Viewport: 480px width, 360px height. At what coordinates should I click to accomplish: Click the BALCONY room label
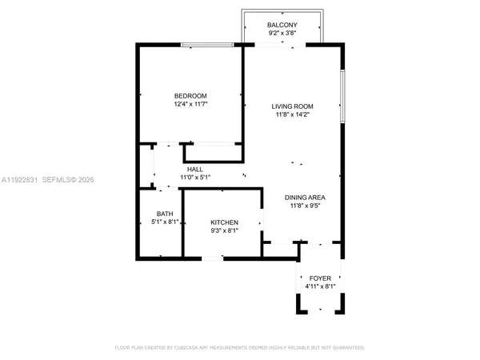pos(282,26)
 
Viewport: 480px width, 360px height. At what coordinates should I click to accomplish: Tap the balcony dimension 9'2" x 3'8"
pos(282,34)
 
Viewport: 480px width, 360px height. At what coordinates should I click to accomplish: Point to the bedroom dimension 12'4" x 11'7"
pos(190,104)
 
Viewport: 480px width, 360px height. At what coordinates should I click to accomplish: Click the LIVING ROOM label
pos(292,106)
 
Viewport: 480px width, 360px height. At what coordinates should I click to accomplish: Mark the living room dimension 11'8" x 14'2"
pos(292,115)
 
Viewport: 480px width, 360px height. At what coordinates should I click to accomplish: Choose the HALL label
pos(194,169)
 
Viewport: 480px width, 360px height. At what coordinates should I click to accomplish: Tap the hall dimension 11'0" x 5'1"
pos(194,178)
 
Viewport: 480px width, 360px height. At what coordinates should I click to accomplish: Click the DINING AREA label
pos(305,197)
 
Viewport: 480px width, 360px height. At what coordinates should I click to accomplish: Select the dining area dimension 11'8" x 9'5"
pos(305,206)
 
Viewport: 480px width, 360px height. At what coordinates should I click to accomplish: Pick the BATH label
pos(164,214)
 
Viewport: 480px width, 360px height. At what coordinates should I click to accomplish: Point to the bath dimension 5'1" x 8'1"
pos(164,222)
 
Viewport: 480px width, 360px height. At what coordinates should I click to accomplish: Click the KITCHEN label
pos(224,222)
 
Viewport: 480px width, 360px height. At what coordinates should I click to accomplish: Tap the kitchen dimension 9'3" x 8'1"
pos(224,231)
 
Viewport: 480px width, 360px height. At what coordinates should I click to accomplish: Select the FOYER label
pos(320,278)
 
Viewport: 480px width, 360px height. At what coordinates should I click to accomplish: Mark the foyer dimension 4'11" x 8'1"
pos(320,286)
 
